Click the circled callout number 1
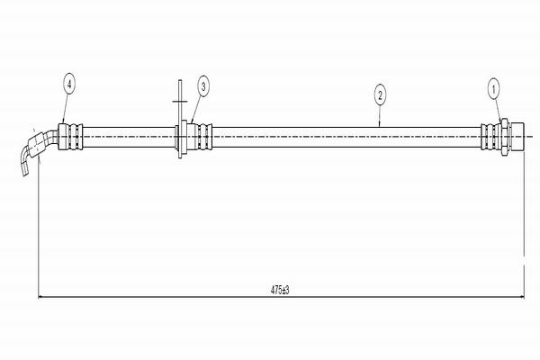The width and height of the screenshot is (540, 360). (x=493, y=87)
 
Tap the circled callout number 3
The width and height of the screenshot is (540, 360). (x=203, y=86)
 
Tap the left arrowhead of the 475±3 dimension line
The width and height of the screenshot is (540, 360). (x=40, y=296)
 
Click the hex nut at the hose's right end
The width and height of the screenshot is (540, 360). (x=507, y=135)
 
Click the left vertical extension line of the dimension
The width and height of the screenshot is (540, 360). (x=37, y=234)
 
